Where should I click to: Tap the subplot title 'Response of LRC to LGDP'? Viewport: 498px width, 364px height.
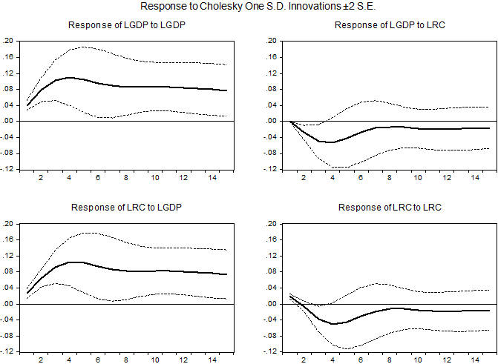pyautogui.click(x=127, y=208)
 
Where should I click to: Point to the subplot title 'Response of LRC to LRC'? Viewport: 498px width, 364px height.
pyautogui.click(x=390, y=208)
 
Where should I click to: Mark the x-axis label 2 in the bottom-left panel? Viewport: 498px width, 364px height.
pyautogui.click(x=41, y=360)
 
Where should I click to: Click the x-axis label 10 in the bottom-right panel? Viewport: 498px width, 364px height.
pyautogui.click(x=419, y=360)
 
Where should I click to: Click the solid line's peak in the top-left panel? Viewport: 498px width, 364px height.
pyautogui.click(x=71, y=77)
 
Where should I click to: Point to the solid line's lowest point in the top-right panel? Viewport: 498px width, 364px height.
pyautogui.click(x=330, y=142)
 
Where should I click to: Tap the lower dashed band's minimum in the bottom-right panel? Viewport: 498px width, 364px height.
pyautogui.click(x=347, y=348)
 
